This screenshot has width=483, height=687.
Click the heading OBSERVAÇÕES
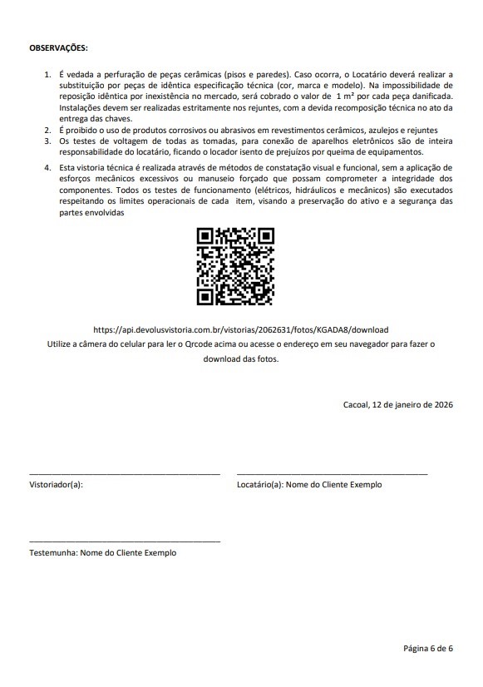[x=58, y=48]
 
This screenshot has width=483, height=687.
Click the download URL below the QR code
[x=241, y=329]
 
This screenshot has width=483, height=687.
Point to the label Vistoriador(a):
[x=56, y=484]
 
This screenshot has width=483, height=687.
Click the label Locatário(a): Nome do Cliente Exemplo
[x=309, y=484]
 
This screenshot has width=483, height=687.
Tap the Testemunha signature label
[x=102, y=552]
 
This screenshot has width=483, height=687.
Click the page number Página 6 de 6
[x=427, y=647]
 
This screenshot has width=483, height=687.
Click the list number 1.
[x=47, y=75]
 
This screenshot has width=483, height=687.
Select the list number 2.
[x=47, y=131]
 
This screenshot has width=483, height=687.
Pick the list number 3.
[x=47, y=141]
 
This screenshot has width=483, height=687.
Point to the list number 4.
[x=47, y=169]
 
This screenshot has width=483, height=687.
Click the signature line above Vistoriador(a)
[x=125, y=473]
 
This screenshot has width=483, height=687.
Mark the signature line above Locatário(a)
[x=332, y=473]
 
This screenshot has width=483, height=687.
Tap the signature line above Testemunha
[x=125, y=541]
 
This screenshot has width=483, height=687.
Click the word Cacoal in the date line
[x=357, y=405]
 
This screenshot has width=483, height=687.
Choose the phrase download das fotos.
[x=241, y=359]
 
